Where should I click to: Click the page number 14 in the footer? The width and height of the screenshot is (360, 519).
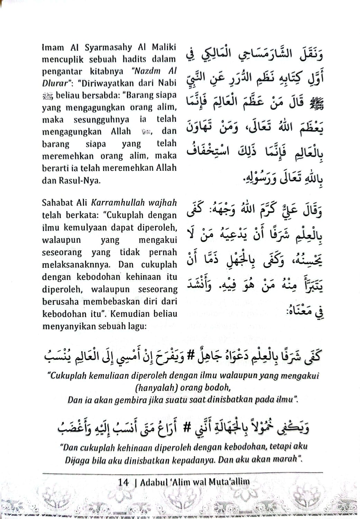(x=123, y=482)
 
